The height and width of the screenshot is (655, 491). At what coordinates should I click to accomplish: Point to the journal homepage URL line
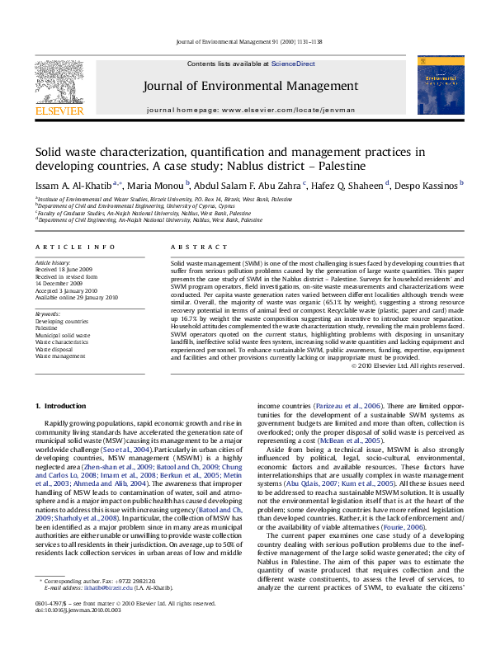pos(244,109)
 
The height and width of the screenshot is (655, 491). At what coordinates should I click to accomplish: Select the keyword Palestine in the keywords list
pos(47,327)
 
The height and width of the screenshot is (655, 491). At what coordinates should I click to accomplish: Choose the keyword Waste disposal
pos(54,349)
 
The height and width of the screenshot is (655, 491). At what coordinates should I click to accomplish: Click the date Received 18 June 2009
pos(64,269)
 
